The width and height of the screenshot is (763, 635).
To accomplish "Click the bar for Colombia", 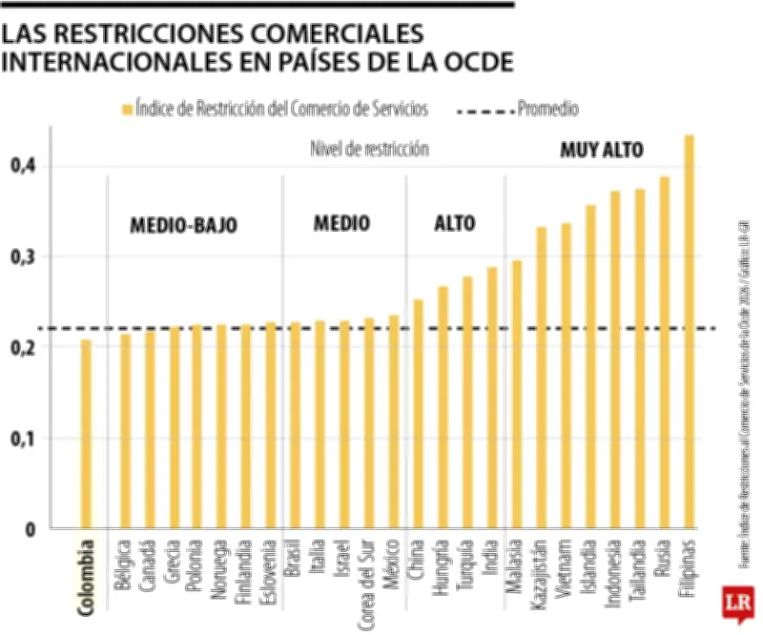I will pos(86,434).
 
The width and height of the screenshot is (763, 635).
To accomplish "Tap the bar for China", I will pos(418,414).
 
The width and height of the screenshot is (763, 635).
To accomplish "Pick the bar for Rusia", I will pos(665,353).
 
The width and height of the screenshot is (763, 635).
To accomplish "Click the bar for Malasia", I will pos(517,395).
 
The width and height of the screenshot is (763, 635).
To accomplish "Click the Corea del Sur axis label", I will pos(368,581).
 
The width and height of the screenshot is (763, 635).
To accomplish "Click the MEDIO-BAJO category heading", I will pos(183,226).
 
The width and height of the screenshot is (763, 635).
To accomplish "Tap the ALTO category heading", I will pos(455,224).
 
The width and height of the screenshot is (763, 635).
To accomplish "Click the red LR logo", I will pos(735,604).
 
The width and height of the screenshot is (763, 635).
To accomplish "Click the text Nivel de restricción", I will pos(369,150).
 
